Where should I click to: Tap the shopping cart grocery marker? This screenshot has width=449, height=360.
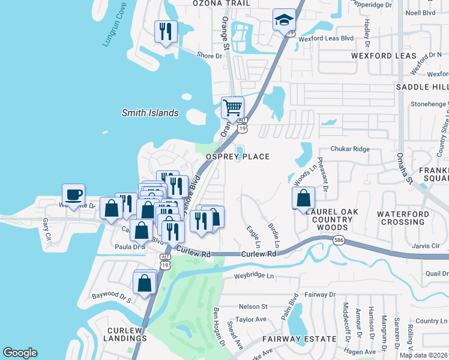coord(232,108)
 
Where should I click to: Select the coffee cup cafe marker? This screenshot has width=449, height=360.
coord(73,194)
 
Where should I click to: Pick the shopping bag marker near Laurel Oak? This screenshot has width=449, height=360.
coord(304,197)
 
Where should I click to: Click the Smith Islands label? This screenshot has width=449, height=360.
coord(150,113)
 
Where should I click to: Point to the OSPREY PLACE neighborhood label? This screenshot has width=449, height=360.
coord(238,157)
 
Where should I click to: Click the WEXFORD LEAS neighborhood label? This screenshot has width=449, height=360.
coord(384,56)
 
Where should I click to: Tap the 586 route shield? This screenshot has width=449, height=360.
coord(339,240)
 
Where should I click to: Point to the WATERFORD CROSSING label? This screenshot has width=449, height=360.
coord(403,218)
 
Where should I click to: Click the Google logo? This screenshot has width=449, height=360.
coord(20,353)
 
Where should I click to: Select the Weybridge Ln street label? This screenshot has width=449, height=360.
coord(253,276)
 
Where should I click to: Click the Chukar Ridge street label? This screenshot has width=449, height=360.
coord(351,149)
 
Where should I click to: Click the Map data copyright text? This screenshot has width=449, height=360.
coord(423,355)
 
